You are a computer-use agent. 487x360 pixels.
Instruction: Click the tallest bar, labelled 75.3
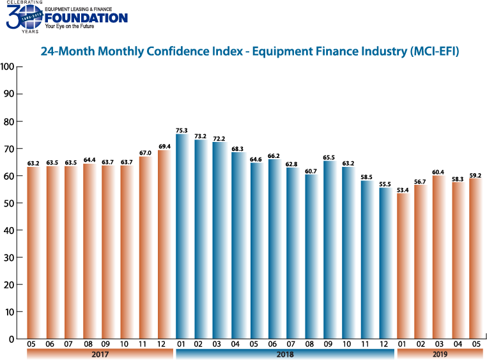point(182,237)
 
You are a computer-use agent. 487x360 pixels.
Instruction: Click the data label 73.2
point(201,136)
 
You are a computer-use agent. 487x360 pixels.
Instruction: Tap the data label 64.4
point(89,160)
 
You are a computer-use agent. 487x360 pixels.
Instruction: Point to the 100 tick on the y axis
point(8,67)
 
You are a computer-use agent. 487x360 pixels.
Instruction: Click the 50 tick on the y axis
point(10,203)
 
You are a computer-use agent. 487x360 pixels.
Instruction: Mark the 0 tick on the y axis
point(12,340)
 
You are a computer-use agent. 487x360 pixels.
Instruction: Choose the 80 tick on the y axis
point(10,121)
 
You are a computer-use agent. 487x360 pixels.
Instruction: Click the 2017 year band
point(99,353)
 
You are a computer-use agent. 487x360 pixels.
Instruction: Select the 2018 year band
point(284,353)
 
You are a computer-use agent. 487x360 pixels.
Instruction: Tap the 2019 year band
point(440,353)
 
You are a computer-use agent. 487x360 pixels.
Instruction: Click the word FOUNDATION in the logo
point(86,18)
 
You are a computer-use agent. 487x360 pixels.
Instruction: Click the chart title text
point(250,51)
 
